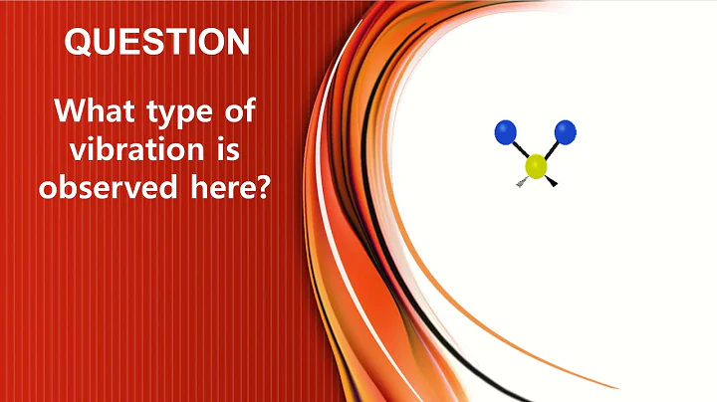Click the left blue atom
pos(506,130)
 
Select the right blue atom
pos(566,130)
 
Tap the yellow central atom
pos(537,166)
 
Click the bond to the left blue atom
pos(521,148)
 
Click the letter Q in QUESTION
pos(78,43)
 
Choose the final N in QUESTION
pos(235,43)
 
